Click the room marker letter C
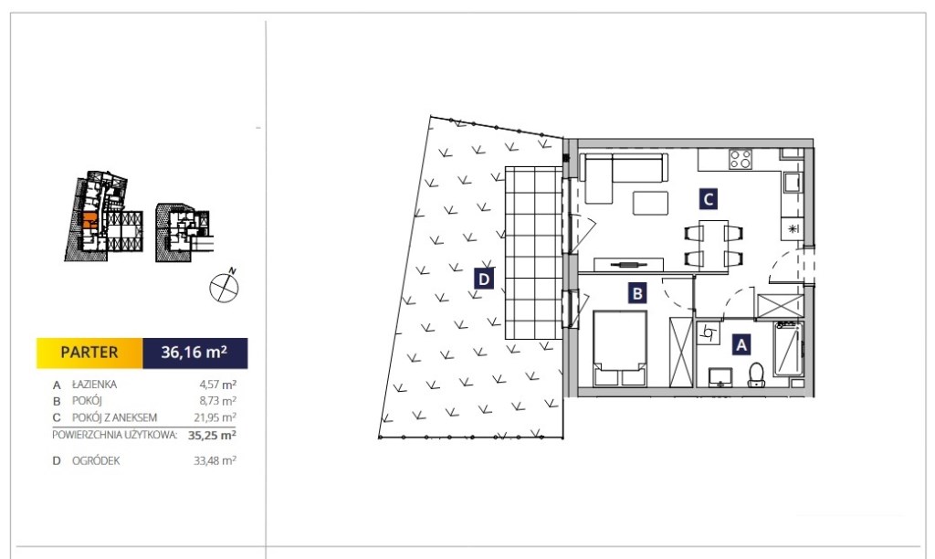[x=708, y=198]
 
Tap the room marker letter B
[x=637, y=293]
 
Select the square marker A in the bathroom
[x=741, y=345]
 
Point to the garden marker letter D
[x=484, y=279]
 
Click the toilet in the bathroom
[x=757, y=375]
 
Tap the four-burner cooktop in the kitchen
[x=740, y=159]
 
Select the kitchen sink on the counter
[x=792, y=183]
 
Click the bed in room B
[x=620, y=348]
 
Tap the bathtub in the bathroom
[x=788, y=350]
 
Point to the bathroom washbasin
[x=720, y=377]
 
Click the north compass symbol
[x=225, y=287]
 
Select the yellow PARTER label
[x=89, y=353]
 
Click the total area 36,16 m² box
[x=195, y=353]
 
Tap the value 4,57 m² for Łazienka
[x=217, y=385]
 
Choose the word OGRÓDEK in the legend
[x=96, y=460]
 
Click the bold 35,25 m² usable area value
[x=212, y=435]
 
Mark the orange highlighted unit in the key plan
[x=89, y=220]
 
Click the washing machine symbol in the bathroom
[x=708, y=332]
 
